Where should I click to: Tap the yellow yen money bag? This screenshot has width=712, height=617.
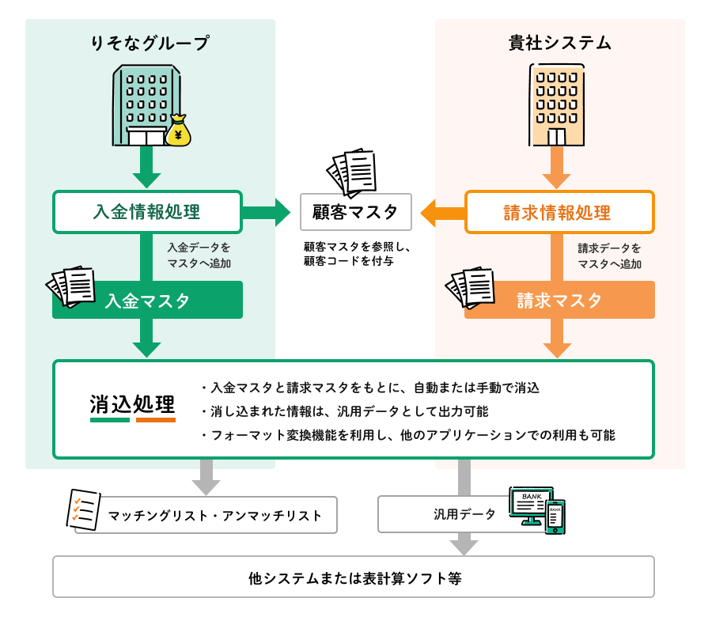[x=178, y=131]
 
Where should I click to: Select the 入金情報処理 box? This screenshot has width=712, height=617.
[x=147, y=212]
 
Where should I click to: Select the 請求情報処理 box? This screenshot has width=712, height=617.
[x=559, y=212]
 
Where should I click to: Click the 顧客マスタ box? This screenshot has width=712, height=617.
[x=356, y=212]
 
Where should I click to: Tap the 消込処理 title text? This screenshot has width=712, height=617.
[x=132, y=403]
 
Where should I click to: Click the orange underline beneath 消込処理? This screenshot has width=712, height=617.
[x=155, y=420]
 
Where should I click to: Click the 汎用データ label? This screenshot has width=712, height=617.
[x=464, y=515]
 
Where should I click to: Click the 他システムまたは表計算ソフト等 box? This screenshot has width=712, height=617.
[x=354, y=577]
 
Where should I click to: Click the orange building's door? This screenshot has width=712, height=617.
[x=557, y=137]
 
